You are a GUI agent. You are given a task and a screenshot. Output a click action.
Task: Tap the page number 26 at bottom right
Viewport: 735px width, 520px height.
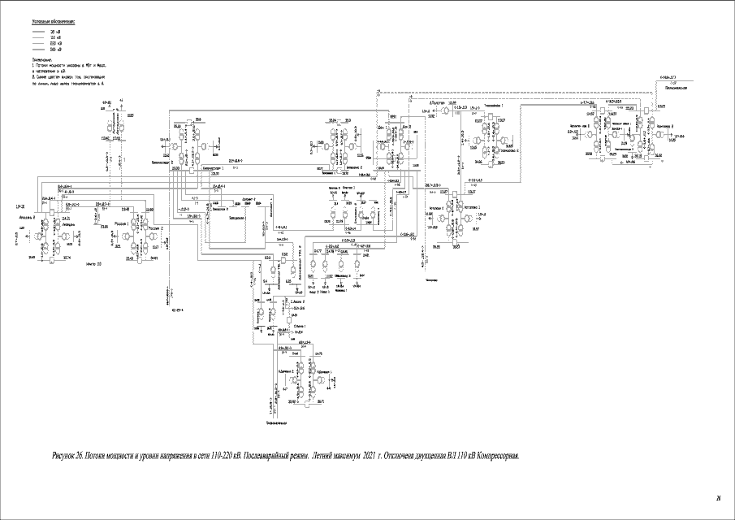pos(718,497)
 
